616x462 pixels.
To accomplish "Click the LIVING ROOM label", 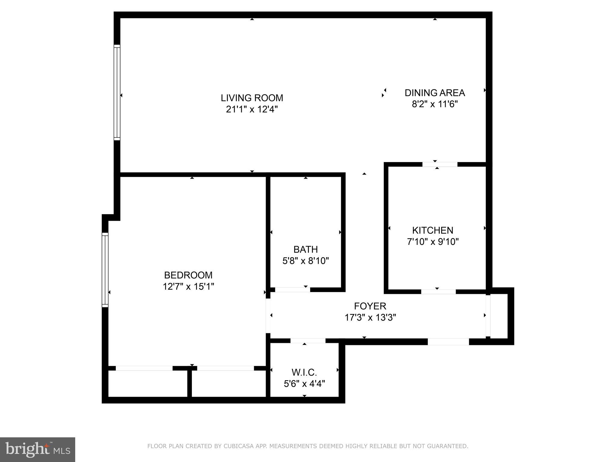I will click(x=252, y=98).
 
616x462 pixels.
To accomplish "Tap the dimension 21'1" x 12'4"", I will click(x=252, y=109).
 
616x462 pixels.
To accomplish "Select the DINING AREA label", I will click(x=435, y=93).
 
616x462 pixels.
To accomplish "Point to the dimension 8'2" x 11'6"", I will click(x=435, y=104).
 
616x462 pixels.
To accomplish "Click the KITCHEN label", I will click(x=433, y=230).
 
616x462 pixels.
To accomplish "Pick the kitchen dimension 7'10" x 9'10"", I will click(x=433, y=242).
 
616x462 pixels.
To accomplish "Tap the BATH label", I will click(x=306, y=249).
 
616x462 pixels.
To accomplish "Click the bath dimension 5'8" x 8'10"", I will click(x=306, y=260).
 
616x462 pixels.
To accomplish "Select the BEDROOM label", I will click(x=188, y=275).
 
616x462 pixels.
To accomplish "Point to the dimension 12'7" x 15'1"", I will click(x=188, y=286).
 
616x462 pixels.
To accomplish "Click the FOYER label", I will click(x=370, y=306).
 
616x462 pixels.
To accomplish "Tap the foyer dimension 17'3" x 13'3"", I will click(x=370, y=317).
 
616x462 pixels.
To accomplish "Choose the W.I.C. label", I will click(x=304, y=372).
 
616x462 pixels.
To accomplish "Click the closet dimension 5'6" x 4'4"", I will click(x=304, y=384).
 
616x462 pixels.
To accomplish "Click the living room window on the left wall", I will click(x=117, y=92).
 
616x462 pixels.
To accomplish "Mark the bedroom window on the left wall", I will click(x=105, y=270).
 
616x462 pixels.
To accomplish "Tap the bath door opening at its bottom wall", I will click(x=292, y=290).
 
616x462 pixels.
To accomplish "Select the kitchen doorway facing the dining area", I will click(x=440, y=164).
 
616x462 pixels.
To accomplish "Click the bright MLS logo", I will click(x=38, y=450).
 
